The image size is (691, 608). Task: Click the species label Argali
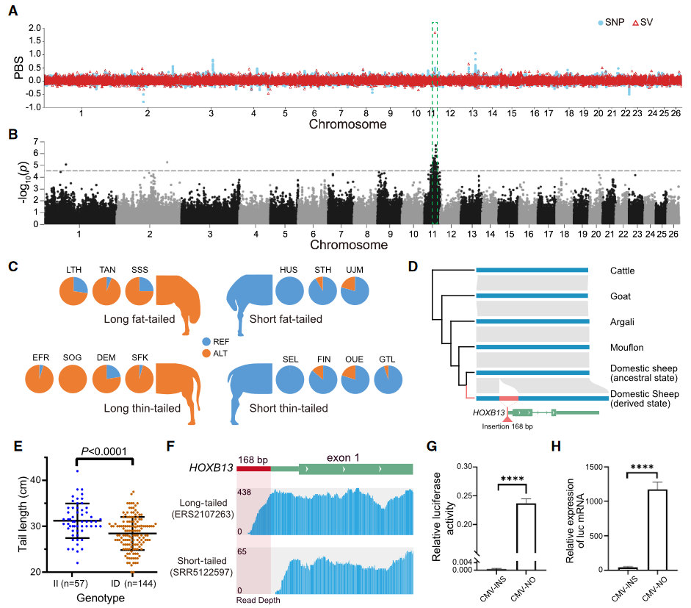tap(623, 321)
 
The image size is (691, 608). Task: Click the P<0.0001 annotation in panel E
tap(104, 451)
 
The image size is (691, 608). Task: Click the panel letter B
tap(12, 135)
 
